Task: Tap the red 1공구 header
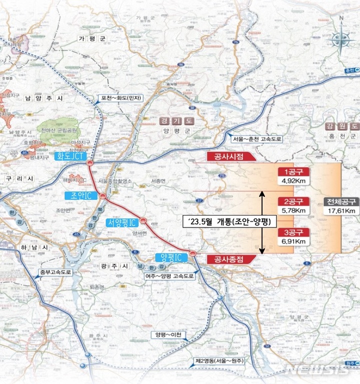tap(292, 171)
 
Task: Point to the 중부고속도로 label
tap(55, 273)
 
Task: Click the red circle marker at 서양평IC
tap(143, 220)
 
